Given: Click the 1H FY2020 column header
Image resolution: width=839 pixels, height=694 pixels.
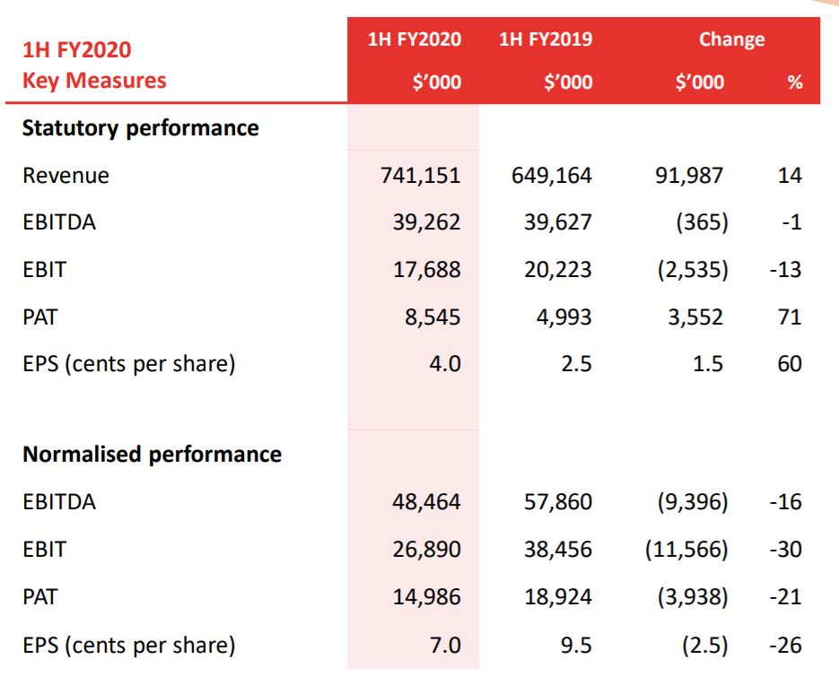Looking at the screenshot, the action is tap(415, 39).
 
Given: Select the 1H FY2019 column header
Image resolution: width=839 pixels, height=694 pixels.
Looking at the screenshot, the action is tap(546, 39).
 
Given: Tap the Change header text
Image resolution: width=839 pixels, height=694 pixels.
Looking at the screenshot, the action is tap(731, 39).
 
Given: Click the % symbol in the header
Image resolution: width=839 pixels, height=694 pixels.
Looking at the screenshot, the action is tap(795, 82).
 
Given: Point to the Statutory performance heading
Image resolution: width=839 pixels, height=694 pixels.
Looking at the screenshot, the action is tap(141, 128).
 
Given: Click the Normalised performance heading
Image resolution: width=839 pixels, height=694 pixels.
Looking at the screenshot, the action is tap(152, 455).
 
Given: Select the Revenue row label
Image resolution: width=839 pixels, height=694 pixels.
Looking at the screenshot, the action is tap(66, 176).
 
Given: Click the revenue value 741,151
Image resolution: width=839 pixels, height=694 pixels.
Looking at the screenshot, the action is tap(421, 176).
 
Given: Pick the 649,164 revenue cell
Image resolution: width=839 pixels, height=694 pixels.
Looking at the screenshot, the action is tap(552, 176).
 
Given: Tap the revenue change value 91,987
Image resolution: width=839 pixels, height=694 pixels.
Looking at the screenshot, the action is tap(689, 176).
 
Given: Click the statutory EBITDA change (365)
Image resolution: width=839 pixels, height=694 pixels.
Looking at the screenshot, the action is tap(702, 222).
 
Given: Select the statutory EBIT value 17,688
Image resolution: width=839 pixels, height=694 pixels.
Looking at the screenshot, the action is tap(427, 270).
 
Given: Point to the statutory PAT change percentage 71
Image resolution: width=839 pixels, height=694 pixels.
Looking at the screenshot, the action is tap(790, 317).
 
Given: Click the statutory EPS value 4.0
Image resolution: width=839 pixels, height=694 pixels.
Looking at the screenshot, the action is tap(445, 364).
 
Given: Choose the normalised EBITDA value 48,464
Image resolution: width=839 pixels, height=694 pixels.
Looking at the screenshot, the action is tap(426, 502).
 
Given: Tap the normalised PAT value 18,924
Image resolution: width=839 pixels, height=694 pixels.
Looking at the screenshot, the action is tap(558, 597).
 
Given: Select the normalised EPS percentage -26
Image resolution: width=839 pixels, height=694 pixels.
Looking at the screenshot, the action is tap(785, 646).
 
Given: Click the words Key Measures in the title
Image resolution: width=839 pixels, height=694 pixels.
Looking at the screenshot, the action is tap(94, 81).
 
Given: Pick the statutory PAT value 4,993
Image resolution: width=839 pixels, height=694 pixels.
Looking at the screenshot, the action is tap(564, 317).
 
